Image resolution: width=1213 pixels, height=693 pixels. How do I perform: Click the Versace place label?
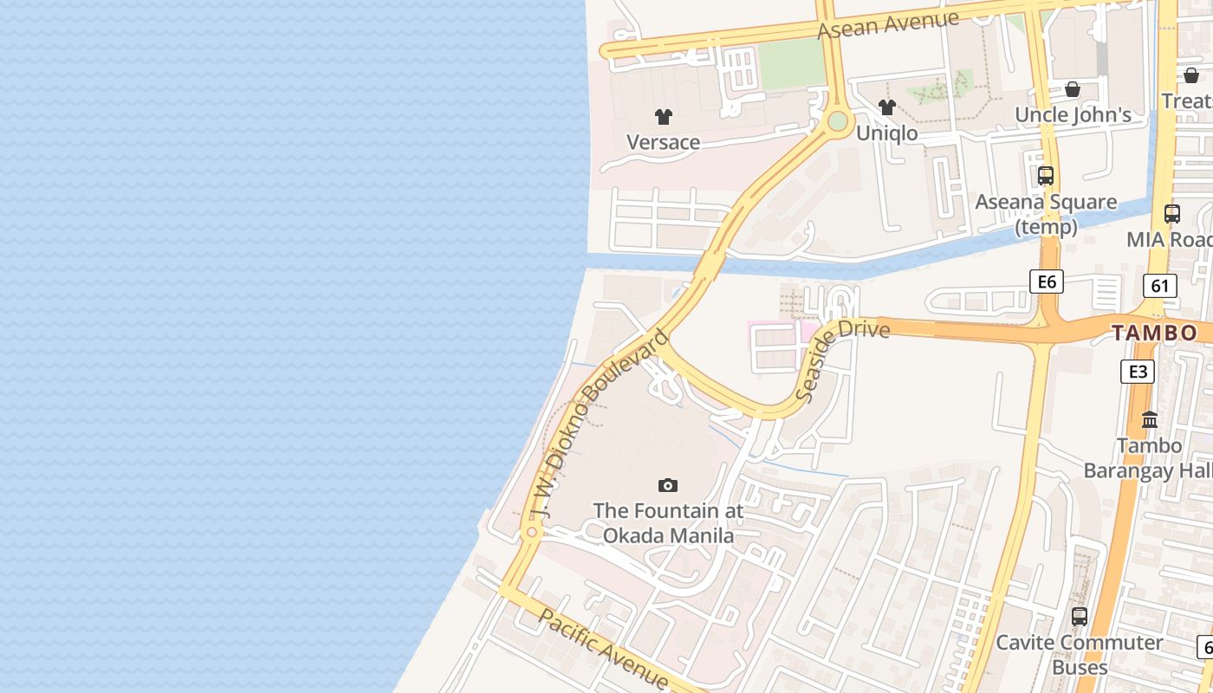663,142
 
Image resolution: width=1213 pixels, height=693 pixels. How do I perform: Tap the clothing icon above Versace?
663,117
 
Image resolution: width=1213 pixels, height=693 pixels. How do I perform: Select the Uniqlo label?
886,133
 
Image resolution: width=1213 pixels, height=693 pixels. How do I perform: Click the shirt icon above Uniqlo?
886,107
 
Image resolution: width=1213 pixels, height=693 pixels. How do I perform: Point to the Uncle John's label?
1073,115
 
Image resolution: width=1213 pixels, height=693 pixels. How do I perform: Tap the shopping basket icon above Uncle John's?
1073,89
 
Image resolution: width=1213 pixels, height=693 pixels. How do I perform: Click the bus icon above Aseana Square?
1046,176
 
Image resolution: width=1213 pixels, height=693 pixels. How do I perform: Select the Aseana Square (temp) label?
1046,214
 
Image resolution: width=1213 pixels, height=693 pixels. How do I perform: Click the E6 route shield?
1046,281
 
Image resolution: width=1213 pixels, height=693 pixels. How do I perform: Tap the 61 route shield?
1159,285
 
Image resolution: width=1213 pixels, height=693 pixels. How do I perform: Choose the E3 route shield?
1137,372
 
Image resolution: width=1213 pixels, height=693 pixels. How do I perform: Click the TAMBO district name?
1154,333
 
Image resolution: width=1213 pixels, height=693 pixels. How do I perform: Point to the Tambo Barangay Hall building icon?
1150,420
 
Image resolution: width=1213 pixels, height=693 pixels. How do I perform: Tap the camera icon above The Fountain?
667,485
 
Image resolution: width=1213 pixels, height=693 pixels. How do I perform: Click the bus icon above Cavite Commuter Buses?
1079,617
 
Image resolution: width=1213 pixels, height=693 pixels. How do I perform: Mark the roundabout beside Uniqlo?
837,121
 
